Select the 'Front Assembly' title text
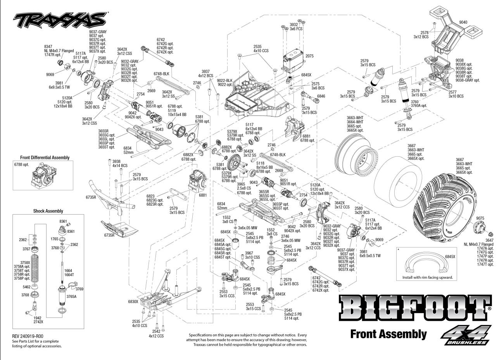(x=388, y=334)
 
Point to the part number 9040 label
(x=463, y=22)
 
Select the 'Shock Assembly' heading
(x=48, y=211)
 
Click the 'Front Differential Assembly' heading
(x=45, y=157)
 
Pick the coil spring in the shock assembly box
(x=35, y=267)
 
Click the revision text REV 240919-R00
(x=28, y=336)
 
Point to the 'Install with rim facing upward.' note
(x=427, y=277)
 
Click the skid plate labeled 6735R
(x=119, y=228)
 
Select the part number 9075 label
(x=480, y=218)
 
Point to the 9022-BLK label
(x=224, y=80)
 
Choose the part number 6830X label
(x=133, y=301)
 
